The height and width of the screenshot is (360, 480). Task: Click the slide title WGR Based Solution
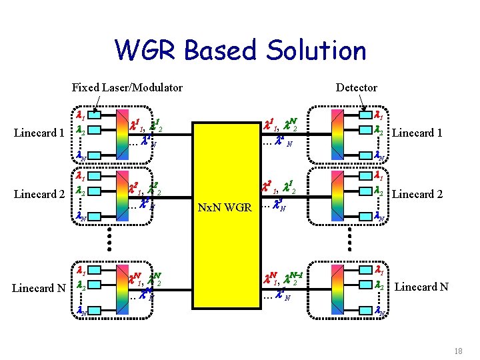[240, 51]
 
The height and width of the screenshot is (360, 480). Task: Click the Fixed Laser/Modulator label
[127, 87]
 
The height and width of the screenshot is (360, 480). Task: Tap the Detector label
[356, 87]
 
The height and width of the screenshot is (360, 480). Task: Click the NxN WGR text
[225, 207]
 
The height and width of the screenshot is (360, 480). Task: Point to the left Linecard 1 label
[39, 133]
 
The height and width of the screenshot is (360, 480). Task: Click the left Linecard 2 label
[39, 195]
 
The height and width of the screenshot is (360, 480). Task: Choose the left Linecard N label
[39, 288]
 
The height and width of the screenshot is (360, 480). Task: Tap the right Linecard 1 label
[417, 133]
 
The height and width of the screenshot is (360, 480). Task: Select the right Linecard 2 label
[417, 195]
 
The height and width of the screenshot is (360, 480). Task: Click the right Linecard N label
[421, 287]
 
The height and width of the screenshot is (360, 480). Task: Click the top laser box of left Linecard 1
[95, 114]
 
